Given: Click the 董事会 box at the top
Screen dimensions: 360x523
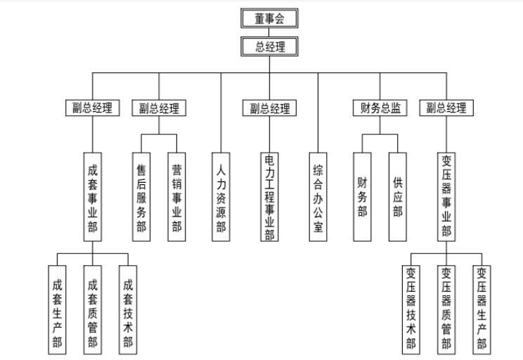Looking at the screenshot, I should (x=270, y=18).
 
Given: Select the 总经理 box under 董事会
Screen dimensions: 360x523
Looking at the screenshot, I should (x=270, y=46).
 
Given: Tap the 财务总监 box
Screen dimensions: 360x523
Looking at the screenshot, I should (x=380, y=108).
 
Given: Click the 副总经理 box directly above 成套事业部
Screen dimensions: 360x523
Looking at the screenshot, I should (x=92, y=108).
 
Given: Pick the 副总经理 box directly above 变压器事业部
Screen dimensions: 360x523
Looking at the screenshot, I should (x=446, y=108).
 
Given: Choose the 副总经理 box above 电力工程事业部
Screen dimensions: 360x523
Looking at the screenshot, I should (x=270, y=108).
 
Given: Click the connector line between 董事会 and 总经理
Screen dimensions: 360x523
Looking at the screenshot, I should (x=270, y=32).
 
